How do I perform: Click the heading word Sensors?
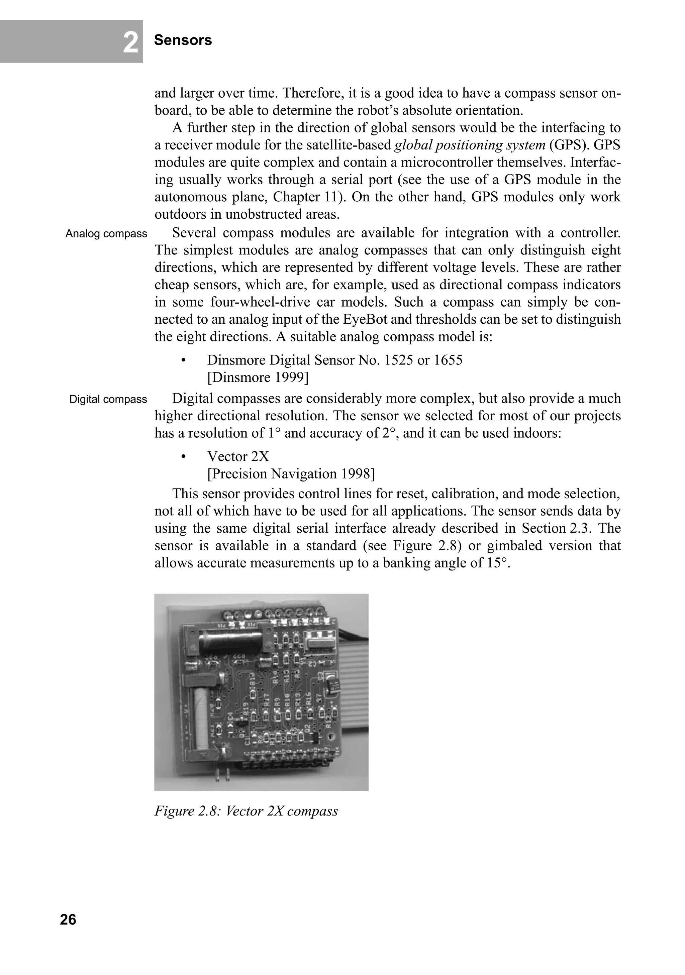pos(183,40)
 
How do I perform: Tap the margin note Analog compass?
pos(106,234)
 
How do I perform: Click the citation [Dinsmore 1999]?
pos(257,377)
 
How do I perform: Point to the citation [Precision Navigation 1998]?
pos(291,474)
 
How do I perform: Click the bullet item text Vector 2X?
pos(238,456)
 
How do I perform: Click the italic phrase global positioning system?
pos(470,145)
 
